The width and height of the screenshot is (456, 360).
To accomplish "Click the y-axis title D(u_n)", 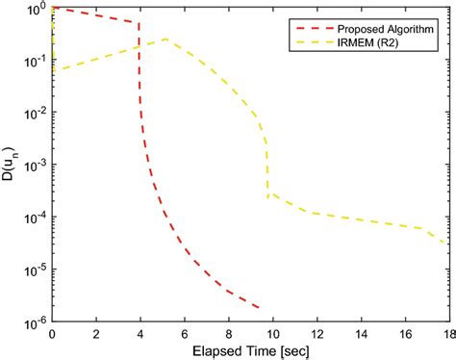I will [x=12, y=169].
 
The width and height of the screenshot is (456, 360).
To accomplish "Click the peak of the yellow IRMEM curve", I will [x=167, y=39].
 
